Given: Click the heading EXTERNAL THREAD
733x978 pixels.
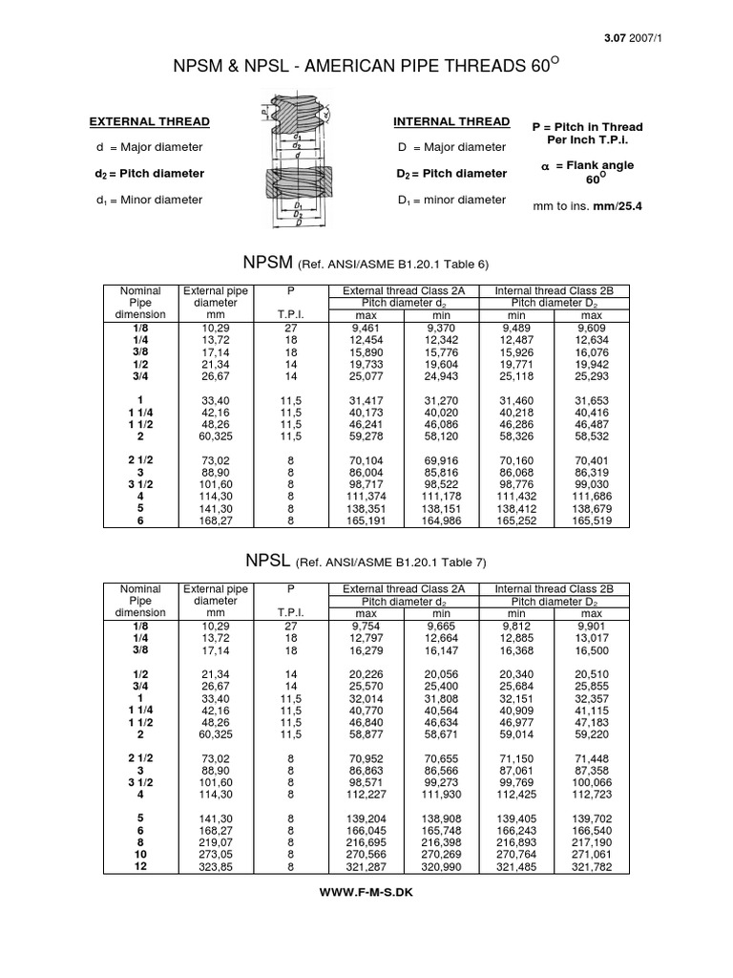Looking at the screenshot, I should tap(149, 122).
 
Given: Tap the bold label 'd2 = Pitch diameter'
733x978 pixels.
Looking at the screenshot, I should tap(149, 174).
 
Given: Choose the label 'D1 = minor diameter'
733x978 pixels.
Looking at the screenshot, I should tap(450, 200).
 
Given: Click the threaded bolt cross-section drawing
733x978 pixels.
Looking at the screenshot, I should tap(298, 159).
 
